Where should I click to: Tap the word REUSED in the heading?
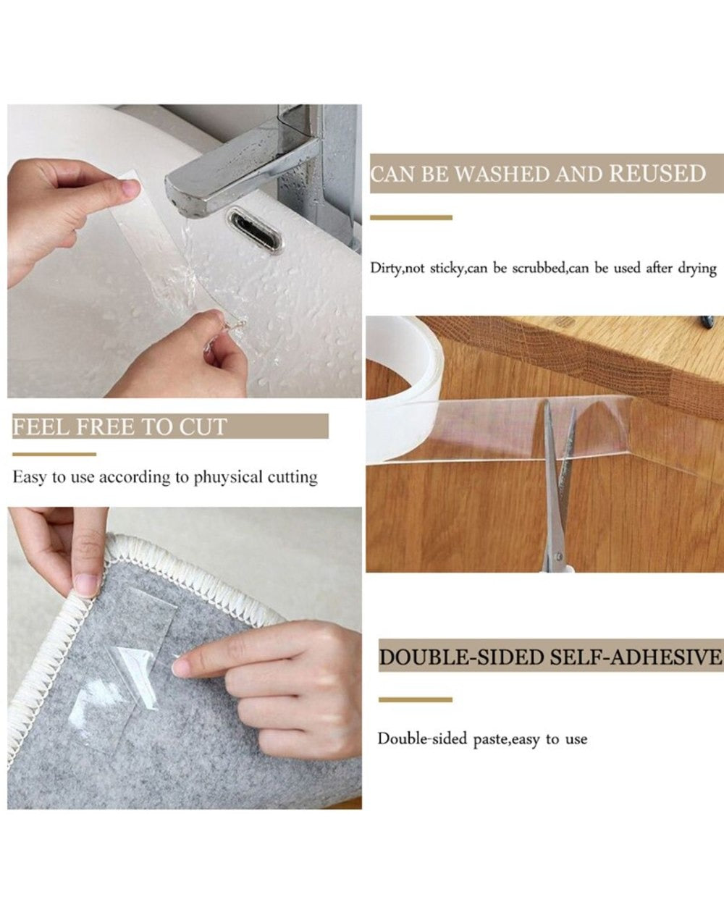click(657, 174)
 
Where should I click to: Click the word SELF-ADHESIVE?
click(636, 657)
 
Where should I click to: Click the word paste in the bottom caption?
click(491, 739)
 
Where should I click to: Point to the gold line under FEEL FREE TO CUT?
click(54, 455)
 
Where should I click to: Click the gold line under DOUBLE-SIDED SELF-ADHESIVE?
click(415, 700)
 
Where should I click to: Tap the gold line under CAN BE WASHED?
click(411, 217)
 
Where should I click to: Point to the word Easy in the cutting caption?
click(29, 477)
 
